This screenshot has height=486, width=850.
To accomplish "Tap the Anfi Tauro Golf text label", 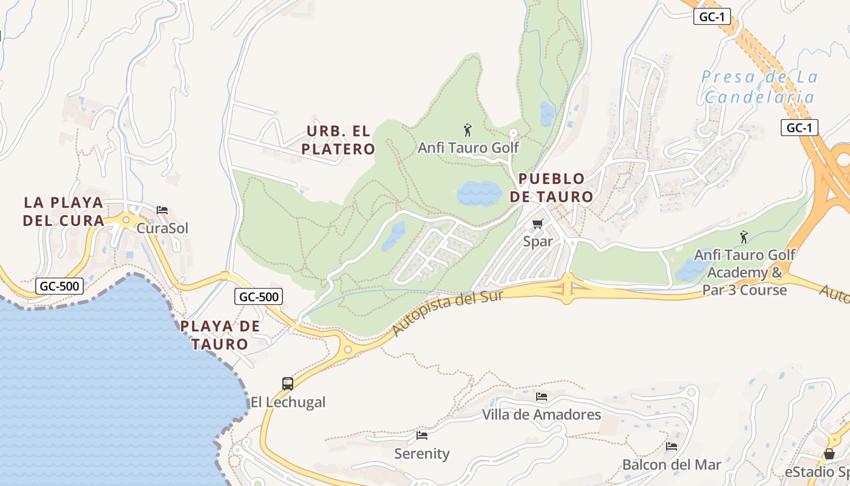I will pos(468,148).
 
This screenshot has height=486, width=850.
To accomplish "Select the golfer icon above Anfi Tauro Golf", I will pos(467,130).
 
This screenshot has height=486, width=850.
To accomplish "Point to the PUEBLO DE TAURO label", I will pos(551,188).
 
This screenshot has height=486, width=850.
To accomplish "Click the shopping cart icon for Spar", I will pos(537,225).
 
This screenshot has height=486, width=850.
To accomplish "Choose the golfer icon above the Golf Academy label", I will pos(744,237).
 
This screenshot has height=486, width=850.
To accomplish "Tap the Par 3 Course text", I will pos(744,290).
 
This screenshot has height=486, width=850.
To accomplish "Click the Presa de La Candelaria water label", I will pos(759,86).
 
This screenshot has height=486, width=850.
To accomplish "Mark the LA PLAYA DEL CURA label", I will pos(63,211).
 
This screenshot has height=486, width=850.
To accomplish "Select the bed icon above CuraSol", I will pos(162,210).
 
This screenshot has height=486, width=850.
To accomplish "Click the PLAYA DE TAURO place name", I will pos(220,335).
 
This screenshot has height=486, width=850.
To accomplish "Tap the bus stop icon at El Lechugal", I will pos(288,384).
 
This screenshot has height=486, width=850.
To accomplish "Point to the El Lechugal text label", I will pos(288,402).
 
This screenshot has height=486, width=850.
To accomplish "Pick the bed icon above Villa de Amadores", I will pos(542,397).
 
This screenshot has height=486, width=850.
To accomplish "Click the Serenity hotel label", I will pos(422,454).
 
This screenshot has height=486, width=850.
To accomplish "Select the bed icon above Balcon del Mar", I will pos(671,447).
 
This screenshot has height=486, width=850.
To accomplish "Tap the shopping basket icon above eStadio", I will pos(829,454).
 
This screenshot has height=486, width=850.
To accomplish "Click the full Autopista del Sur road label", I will pos(448,313).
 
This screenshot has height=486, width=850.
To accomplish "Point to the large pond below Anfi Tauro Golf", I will pos(479,194).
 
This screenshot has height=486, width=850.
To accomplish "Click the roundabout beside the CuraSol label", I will pos(126,221).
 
